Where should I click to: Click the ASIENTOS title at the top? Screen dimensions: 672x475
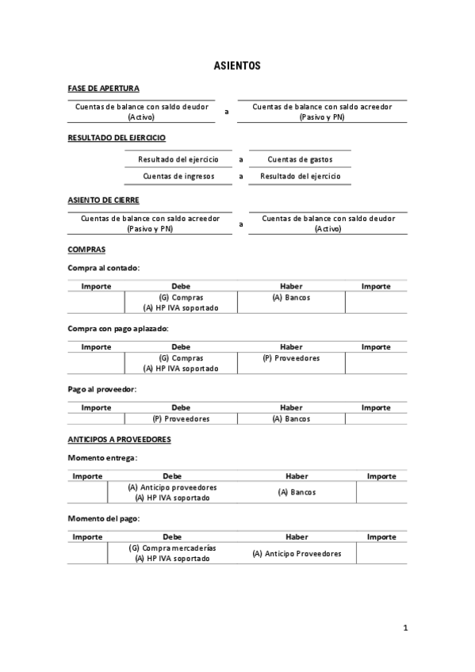point(237,67)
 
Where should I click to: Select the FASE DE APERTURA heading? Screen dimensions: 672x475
point(104,88)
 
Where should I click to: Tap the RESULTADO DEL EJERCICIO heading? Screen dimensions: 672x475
point(117,138)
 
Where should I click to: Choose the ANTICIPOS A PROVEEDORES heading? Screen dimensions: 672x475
point(119,438)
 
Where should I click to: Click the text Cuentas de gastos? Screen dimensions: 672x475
point(300,159)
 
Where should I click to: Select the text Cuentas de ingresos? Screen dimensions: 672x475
point(178,176)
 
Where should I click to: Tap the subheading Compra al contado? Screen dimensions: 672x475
point(104,267)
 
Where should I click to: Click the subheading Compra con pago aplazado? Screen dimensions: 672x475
point(118,328)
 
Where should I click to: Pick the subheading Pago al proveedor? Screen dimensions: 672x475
point(102,389)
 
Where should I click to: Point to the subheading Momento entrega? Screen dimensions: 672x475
point(103,457)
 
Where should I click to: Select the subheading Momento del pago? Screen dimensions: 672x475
point(104,518)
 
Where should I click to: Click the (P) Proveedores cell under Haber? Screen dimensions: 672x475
point(291,358)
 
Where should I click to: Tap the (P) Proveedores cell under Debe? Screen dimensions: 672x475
point(181,418)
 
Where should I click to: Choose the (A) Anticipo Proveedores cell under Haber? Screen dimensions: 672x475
point(297,553)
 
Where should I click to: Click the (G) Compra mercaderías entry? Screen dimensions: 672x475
point(172,548)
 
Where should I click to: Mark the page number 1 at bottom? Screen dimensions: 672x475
point(405,628)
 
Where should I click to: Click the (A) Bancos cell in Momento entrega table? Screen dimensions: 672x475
point(297,492)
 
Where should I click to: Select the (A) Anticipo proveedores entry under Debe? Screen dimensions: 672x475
point(172,487)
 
